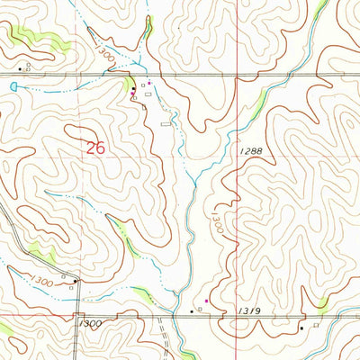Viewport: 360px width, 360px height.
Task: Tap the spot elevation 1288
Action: [x=251, y=153]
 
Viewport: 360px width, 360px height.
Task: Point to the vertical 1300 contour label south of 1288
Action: [x=216, y=221]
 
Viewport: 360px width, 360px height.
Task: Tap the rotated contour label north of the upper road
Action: [x=106, y=56]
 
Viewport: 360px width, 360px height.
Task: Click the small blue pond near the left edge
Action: [x=13, y=85]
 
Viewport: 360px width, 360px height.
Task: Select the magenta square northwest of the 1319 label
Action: [x=206, y=301]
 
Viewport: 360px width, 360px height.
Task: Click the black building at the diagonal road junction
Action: [x=76, y=281]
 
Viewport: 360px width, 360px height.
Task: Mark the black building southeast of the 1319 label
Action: [x=301, y=329]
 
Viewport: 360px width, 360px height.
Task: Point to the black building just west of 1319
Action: [x=191, y=310]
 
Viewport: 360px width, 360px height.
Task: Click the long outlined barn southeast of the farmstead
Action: [x=164, y=123]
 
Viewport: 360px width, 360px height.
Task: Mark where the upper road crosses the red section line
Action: [x=236, y=75]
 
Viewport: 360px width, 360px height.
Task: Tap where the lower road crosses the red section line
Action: [x=236, y=315]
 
